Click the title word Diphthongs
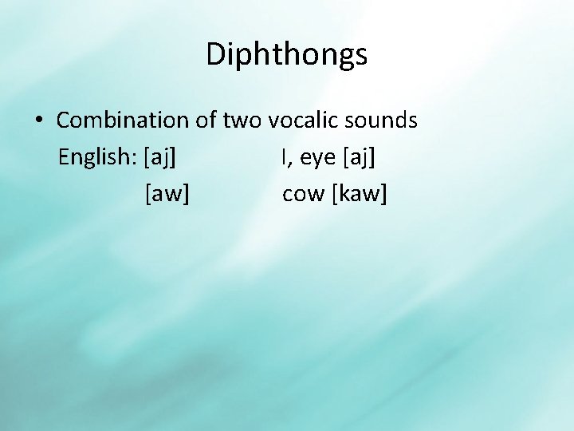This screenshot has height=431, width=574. [x=286, y=55]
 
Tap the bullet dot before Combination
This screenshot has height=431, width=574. [x=38, y=121]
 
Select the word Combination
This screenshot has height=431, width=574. [x=121, y=121]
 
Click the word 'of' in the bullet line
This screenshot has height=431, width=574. [x=204, y=121]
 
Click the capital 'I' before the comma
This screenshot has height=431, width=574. [x=283, y=157]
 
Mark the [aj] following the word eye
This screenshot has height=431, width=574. [x=360, y=158]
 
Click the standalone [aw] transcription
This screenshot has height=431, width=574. [x=167, y=195]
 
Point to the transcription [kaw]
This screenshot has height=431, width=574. [x=360, y=195]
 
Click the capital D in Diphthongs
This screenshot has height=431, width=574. [x=215, y=55]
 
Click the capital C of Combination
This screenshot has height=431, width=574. [x=64, y=121]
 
